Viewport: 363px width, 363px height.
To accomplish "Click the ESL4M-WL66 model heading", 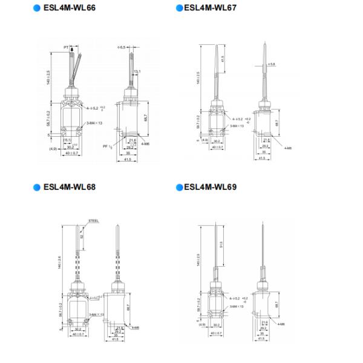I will [70, 8].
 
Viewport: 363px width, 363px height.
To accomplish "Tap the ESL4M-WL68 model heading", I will [70, 187].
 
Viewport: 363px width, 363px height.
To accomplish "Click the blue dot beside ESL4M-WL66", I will [37, 8].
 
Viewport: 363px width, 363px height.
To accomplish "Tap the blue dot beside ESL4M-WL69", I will [179, 188].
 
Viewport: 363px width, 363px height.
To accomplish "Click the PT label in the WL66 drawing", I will [65, 46].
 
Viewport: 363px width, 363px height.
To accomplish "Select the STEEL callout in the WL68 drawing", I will [94, 221].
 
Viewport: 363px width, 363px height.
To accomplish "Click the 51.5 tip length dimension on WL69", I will [222, 245].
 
